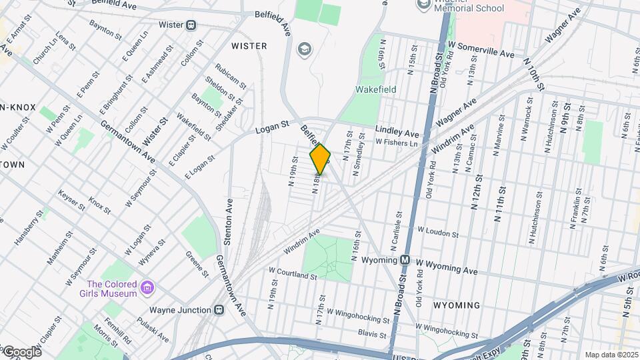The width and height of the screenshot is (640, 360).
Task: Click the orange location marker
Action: (320, 159)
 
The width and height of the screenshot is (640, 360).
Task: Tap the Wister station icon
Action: (191, 25)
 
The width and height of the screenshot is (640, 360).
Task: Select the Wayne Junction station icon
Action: (218, 310)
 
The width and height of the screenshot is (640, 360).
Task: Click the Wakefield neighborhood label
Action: (375, 89)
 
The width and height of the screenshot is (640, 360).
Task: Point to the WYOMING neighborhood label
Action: (456, 305)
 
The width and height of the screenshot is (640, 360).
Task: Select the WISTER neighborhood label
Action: (249, 46)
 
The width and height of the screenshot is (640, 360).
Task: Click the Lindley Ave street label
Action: (397, 132)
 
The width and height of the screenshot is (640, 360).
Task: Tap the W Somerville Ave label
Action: (481, 54)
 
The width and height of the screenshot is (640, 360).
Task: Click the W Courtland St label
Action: (293, 273)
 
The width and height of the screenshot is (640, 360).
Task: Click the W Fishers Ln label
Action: (396, 142)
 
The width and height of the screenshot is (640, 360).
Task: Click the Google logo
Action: (21, 351)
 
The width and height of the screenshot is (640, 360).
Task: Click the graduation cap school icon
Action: (305, 49)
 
